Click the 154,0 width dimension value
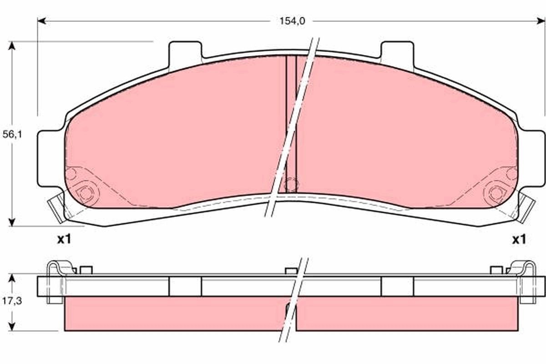click(288, 20)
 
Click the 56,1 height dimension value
click(12, 135)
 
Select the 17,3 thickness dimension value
click(12, 301)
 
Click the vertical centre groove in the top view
click(291, 118)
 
